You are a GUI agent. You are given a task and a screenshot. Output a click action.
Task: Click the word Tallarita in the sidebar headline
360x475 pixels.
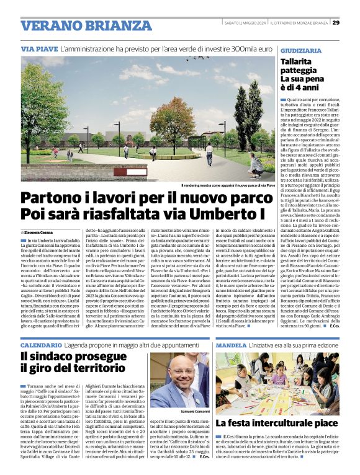click(x=296, y=62)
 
